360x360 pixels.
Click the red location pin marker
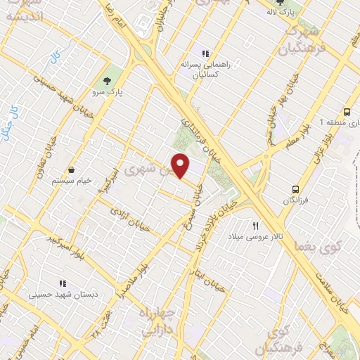181,166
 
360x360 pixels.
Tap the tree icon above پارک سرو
107,79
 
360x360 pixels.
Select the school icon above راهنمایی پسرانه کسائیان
205,53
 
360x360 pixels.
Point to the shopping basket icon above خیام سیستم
72,169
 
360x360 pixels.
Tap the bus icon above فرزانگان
296,188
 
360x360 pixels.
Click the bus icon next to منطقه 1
347,112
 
